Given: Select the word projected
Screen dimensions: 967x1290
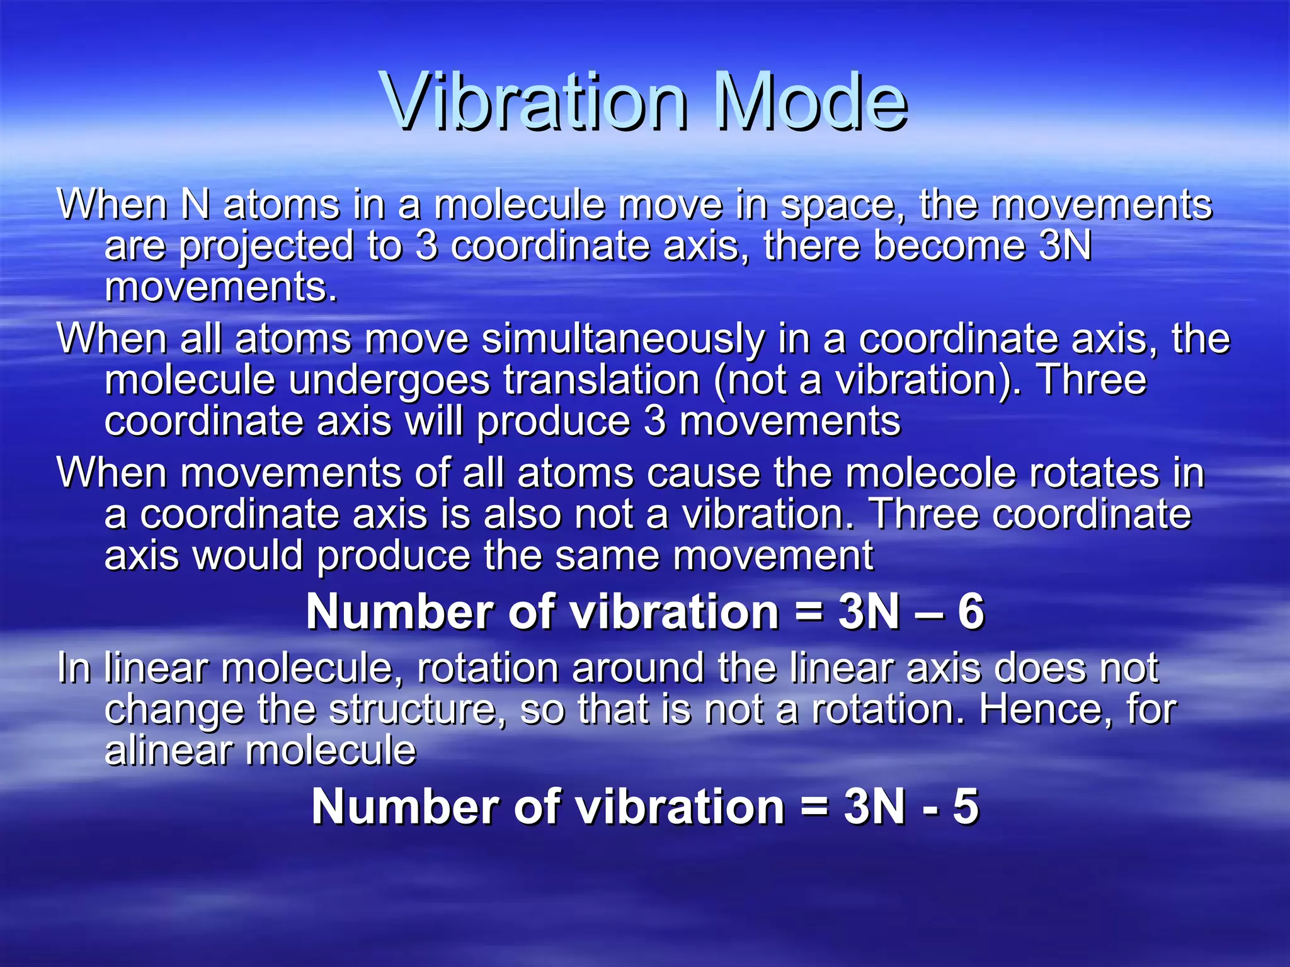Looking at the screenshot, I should pyautogui.click(x=266, y=247).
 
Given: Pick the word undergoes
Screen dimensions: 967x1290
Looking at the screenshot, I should pyautogui.click(x=389, y=382).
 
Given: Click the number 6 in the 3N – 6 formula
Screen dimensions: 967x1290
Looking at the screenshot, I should pyautogui.click(x=971, y=612).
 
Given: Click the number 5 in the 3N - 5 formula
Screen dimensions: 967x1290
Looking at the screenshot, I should pyautogui.click(x=966, y=807).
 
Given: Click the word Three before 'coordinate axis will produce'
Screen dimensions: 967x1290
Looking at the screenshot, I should pyautogui.click(x=1091, y=380).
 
